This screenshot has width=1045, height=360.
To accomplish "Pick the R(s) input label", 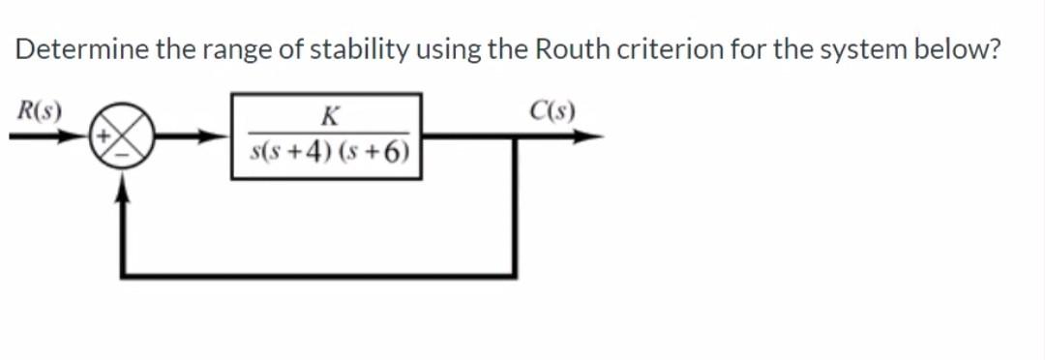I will coord(37,107).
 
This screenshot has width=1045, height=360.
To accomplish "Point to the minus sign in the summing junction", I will coord(123,152).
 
